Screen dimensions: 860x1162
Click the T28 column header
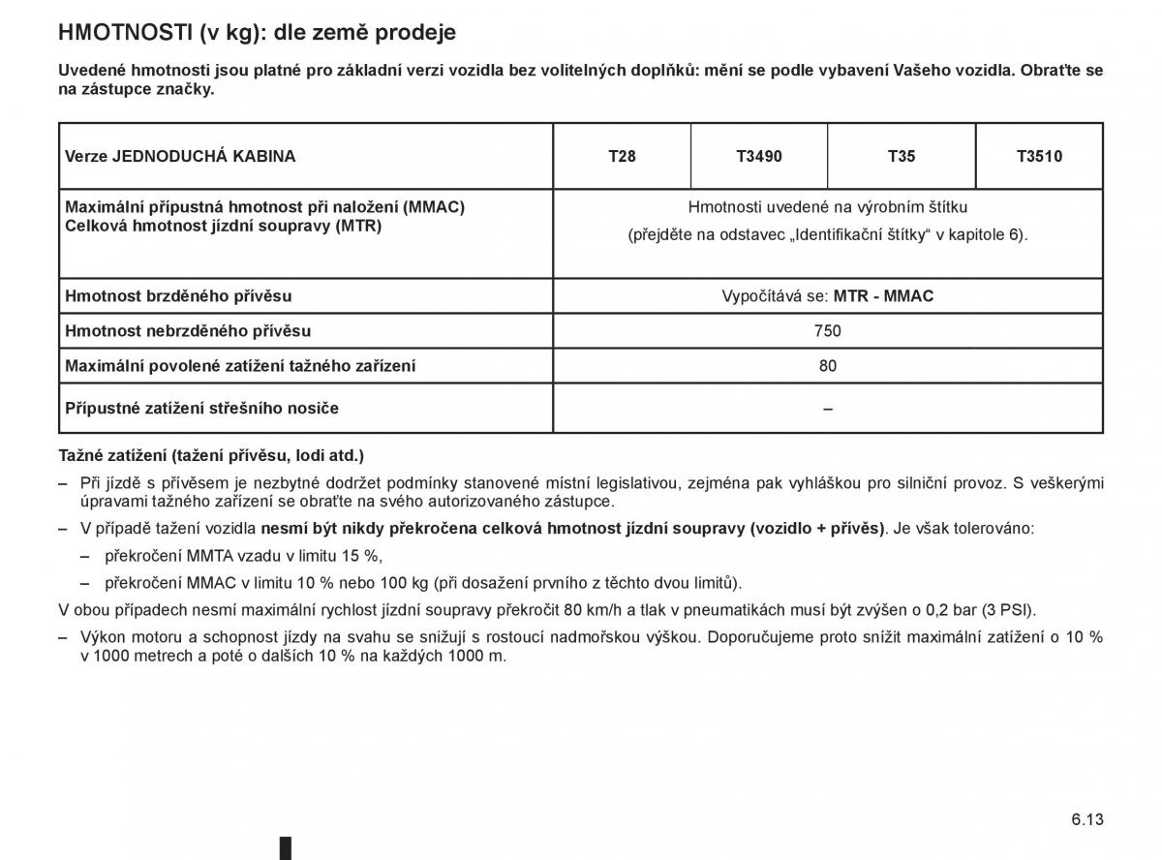tap(622, 156)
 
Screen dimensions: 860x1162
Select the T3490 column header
tap(759, 156)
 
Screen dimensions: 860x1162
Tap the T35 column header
tap(902, 156)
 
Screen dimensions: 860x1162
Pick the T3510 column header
tap(1039, 156)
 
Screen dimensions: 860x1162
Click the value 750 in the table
tap(828, 331)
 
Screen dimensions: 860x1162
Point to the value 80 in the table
tap(828, 366)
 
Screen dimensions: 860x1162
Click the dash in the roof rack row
tap(828, 409)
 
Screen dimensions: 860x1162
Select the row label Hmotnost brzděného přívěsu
tap(178, 296)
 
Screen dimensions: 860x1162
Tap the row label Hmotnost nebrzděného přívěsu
tap(188, 331)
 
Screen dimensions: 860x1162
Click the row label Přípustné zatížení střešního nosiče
tap(201, 409)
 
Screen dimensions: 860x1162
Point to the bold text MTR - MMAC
tap(883, 296)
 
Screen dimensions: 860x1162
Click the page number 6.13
tap(1086, 818)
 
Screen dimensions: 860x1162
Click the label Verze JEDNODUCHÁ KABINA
tap(180, 156)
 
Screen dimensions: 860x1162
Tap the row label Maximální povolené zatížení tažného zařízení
tap(240, 366)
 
